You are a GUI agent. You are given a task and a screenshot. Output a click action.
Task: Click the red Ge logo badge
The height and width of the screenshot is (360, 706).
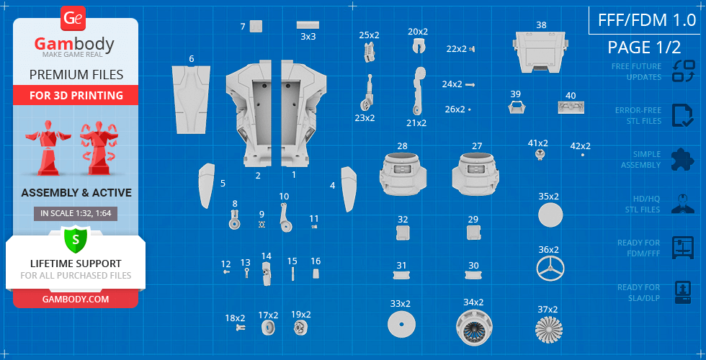coord(73,19)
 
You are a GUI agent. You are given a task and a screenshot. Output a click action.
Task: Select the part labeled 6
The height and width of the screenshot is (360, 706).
coord(191,99)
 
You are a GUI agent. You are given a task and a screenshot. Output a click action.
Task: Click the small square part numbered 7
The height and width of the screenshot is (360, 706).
coord(256,26)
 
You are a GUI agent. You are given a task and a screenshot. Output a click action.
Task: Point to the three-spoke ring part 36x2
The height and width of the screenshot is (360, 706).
coord(550,269)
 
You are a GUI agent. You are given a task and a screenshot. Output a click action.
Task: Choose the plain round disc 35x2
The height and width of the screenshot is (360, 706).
coord(550,215)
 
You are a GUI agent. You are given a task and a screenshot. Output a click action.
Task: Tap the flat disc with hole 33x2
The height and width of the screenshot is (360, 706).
coord(401,325)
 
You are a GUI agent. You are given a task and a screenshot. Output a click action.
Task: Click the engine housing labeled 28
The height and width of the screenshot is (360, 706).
coord(403,174)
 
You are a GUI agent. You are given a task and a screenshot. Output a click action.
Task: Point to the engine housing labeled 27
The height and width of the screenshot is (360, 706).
coord(475,174)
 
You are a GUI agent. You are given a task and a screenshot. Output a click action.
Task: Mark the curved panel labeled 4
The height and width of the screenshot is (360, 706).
coord(349,189)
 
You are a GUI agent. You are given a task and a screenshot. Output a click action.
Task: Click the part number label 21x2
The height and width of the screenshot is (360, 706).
coord(416,123)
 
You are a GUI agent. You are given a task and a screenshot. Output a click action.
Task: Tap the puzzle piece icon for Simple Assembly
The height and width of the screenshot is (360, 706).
coord(683,159)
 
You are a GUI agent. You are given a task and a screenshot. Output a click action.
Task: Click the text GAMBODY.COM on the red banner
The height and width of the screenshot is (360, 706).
coord(75,299)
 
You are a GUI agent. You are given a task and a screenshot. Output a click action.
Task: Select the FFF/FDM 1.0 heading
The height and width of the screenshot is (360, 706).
coord(647,20)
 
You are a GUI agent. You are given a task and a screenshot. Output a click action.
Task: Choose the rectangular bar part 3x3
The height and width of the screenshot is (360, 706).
coord(308,24)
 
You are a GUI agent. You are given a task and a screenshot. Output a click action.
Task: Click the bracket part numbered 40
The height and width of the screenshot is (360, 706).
coord(571,107)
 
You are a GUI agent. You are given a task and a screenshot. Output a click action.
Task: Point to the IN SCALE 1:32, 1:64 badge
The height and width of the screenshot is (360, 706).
coord(75,214)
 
